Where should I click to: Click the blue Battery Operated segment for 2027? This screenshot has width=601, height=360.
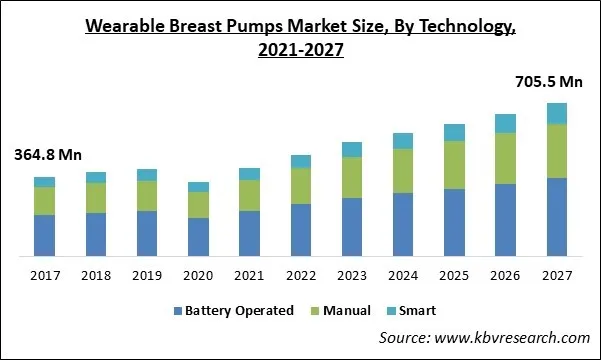(x=557, y=217)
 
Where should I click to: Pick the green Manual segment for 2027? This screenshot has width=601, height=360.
(x=557, y=151)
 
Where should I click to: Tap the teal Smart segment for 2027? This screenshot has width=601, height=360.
(x=557, y=113)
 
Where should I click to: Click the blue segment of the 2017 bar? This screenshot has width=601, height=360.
(x=45, y=235)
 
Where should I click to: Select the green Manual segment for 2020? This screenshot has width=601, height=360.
(x=199, y=204)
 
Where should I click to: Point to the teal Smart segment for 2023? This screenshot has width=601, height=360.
(x=352, y=149)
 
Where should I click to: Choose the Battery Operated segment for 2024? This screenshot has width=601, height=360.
(x=403, y=224)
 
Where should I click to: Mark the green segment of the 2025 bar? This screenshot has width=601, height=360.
(x=454, y=165)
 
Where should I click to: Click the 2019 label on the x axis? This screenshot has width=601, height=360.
(x=147, y=274)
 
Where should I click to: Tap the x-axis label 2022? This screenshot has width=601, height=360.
(x=301, y=274)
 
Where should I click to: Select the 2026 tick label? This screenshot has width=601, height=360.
(x=506, y=274)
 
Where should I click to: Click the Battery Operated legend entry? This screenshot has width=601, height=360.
(x=233, y=311)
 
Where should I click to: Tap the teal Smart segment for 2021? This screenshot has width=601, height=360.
(x=250, y=174)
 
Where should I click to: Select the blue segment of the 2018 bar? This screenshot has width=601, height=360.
(x=96, y=234)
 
